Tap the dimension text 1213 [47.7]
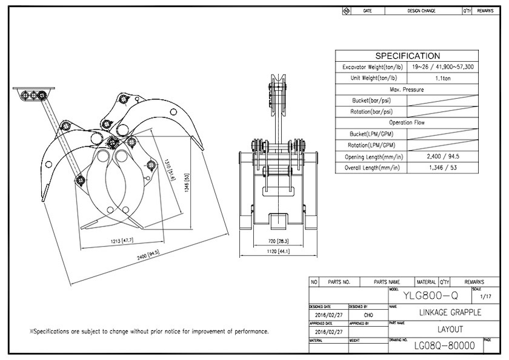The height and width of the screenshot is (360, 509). coord(118,241)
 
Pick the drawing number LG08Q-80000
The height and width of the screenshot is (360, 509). coord(444,346)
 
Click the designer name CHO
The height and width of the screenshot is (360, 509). coord(368,316)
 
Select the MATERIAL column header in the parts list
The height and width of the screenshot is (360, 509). coord(427,282)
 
